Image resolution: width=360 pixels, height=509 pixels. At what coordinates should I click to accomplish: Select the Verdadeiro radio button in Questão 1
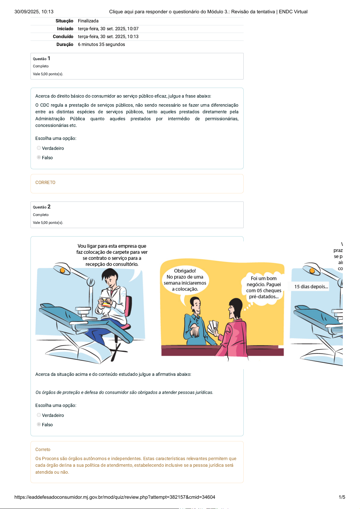pos(39,148)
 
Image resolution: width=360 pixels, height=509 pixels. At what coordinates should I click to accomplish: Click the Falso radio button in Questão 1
pos(39,157)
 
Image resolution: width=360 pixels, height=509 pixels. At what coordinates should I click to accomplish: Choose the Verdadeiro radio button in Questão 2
pos(39,415)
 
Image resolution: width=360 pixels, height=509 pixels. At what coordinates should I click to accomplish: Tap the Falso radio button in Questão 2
pos(39,424)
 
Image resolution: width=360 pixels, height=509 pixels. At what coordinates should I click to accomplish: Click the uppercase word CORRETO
pos(45,182)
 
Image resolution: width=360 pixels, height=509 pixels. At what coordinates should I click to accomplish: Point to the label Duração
pos(65,44)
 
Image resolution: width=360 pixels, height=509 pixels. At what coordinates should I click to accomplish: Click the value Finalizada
pos(88,21)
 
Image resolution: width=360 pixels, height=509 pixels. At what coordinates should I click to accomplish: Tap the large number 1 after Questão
pos(49,58)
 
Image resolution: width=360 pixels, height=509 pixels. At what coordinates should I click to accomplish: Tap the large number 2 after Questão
pos(49,207)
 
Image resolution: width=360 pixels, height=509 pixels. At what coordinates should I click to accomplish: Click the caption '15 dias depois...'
pos(311,287)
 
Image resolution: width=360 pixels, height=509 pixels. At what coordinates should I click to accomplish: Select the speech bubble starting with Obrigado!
pos(185,280)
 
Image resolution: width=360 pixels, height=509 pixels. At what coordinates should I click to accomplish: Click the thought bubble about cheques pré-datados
pos(264,288)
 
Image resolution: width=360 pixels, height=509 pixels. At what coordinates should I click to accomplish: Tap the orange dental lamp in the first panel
pos(62,270)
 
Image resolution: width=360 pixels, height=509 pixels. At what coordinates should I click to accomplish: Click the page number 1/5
pos(342,497)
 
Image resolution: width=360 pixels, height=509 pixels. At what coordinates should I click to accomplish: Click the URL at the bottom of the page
pos(115,497)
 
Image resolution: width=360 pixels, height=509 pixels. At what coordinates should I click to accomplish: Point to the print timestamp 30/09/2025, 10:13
pos(34,11)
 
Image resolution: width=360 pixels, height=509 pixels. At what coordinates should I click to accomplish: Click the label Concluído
pos(63,37)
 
